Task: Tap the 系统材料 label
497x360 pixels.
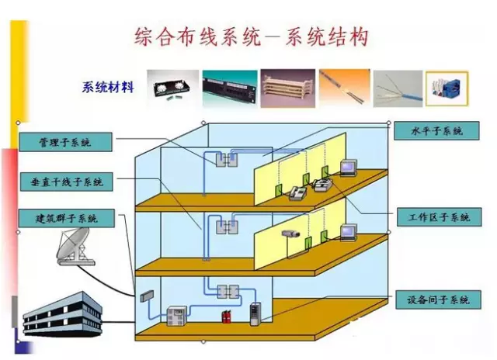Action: point(108,87)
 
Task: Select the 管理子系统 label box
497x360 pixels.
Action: point(65,143)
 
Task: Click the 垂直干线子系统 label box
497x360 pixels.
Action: point(65,182)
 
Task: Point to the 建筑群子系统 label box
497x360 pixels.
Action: point(65,218)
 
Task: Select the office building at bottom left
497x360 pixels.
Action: point(62,315)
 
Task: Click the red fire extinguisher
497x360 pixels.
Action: point(226,315)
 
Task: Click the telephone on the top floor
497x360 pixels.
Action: point(297,194)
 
